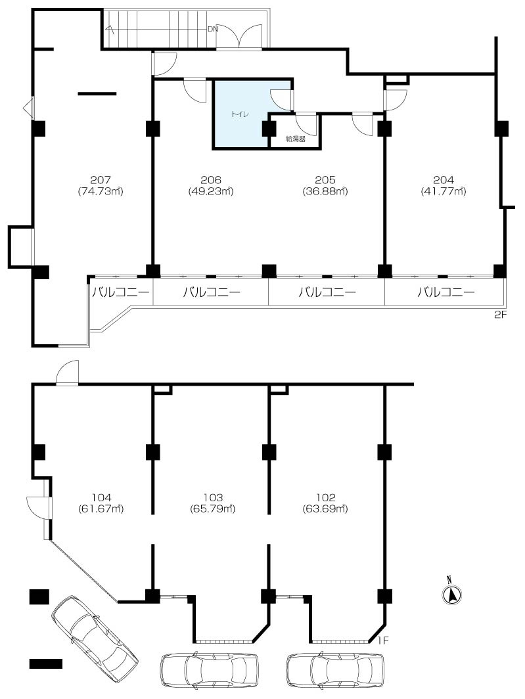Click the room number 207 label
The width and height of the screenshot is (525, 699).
click(x=101, y=180)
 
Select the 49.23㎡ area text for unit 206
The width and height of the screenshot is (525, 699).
click(x=211, y=191)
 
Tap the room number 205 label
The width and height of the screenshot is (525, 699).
click(x=325, y=180)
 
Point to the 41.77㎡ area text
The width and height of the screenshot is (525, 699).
click(x=444, y=191)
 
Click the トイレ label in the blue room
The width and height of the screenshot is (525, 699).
click(x=240, y=114)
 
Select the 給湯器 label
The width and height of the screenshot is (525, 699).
click(x=295, y=139)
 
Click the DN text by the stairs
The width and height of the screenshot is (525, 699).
click(x=212, y=30)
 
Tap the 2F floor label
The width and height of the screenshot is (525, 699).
click(x=501, y=315)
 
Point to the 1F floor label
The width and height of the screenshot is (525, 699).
click(x=384, y=641)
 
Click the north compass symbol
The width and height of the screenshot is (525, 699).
click(x=452, y=593)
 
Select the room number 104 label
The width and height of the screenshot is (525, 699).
click(x=101, y=497)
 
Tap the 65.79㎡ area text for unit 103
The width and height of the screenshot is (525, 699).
click(x=212, y=508)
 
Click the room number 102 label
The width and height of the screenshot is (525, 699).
click(x=325, y=497)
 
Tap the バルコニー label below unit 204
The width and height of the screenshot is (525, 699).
click(x=446, y=292)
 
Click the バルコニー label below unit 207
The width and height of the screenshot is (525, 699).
click(x=121, y=292)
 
